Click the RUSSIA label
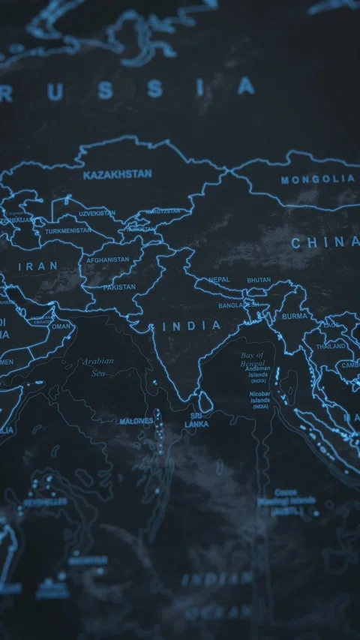coord(127,90)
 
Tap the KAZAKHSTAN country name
coord(117,174)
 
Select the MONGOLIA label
coord(317,180)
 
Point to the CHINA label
coord(324,242)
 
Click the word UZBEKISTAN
coord(97,213)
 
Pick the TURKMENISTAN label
coord(68,231)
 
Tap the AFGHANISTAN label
coord(108,260)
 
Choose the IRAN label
coord(37,266)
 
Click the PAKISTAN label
coord(119,287)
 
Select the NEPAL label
coord(220,280)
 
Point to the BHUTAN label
coord(259,280)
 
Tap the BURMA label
coord(294,317)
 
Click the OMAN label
coord(61,326)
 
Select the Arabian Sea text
coord(98,366)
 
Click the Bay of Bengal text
coord(252,359)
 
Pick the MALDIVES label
coord(136,421)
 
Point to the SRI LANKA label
coord(197,419)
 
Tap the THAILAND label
coord(330,347)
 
